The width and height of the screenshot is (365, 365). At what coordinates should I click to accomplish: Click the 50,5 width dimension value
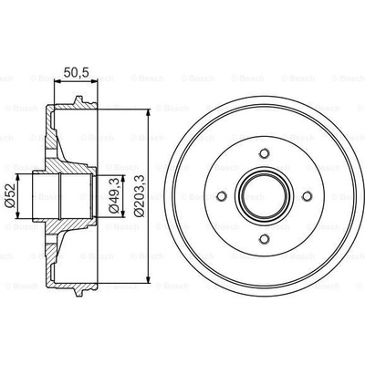76,73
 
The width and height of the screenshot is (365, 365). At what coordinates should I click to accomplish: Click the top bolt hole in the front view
265,153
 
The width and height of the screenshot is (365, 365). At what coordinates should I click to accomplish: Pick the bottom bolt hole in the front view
265,239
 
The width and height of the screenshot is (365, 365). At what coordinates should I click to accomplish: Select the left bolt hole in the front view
222,196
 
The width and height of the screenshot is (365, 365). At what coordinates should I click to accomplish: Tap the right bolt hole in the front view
308,196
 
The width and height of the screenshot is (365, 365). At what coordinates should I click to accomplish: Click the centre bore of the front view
265,196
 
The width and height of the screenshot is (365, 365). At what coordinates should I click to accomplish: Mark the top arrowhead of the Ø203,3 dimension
149,112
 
